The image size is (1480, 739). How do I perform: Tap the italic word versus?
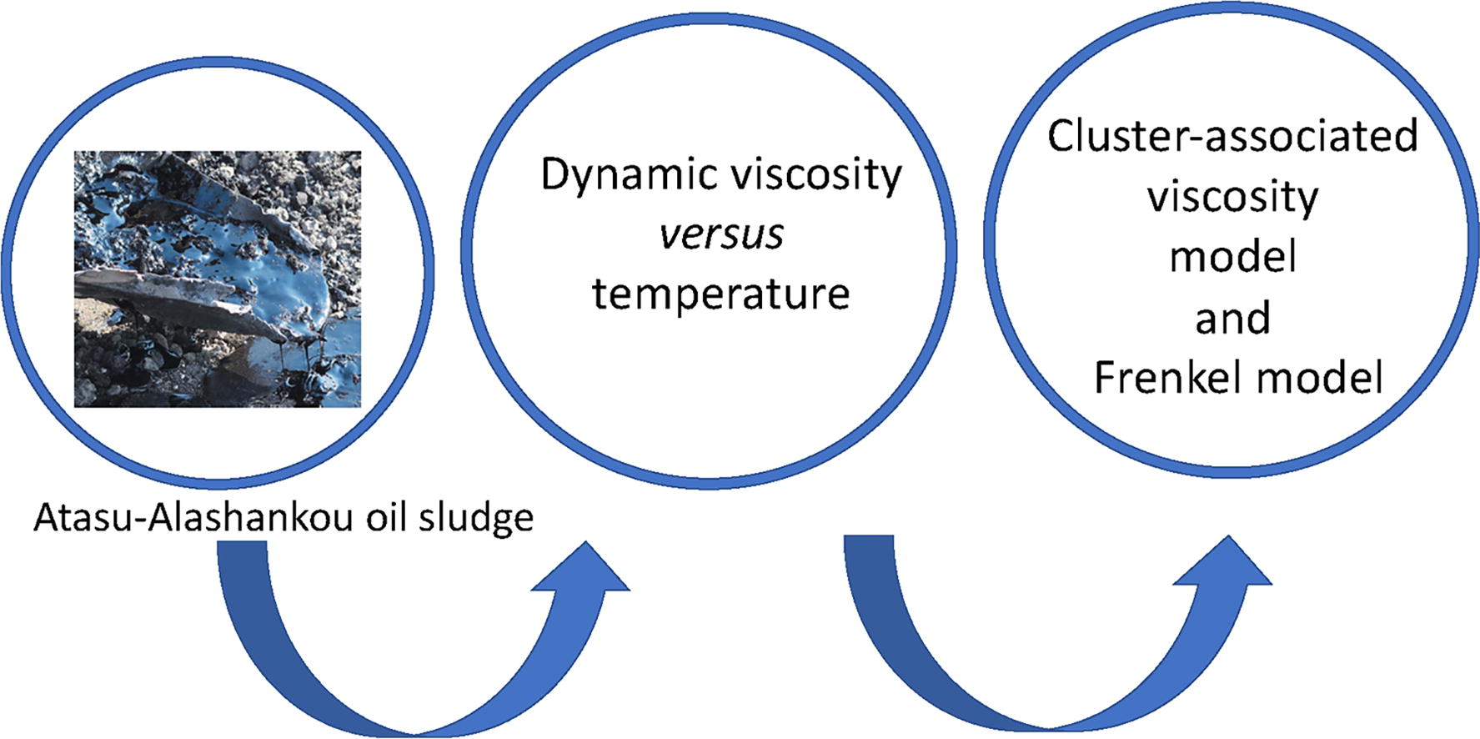(721, 234)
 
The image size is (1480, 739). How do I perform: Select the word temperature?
(721, 294)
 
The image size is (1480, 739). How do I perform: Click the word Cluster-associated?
(1232, 136)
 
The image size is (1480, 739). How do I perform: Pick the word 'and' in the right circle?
(1232, 319)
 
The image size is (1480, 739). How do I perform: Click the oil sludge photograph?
(218, 279)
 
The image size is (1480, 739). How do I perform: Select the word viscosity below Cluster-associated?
(1232, 198)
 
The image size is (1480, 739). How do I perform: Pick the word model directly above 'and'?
(1232, 257)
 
